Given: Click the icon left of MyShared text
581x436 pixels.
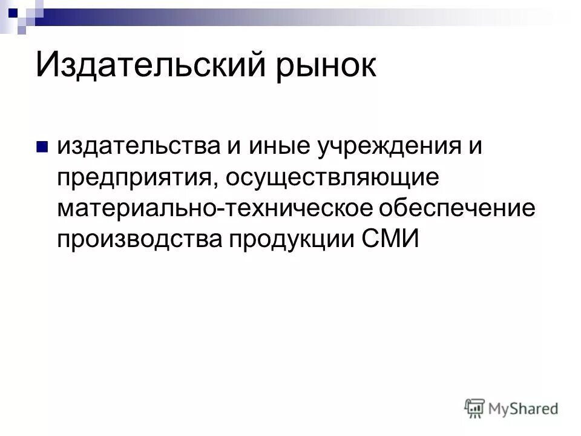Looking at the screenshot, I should pos(474,409).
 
